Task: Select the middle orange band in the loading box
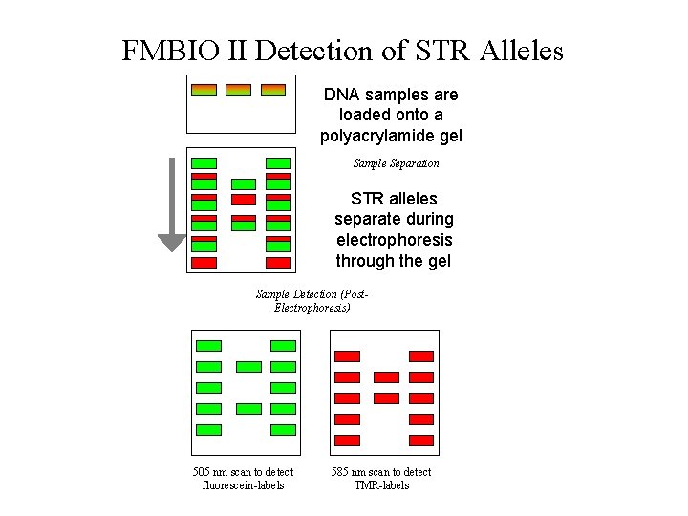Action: coord(238,90)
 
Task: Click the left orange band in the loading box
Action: coord(204,90)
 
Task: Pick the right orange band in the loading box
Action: coord(272,90)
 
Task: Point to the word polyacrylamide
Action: coord(391,136)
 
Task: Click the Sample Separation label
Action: coord(396,163)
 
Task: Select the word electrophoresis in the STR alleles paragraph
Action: coord(394,240)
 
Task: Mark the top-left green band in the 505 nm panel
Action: coord(208,346)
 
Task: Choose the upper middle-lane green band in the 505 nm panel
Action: coord(248,367)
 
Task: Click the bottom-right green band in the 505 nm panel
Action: coord(284,430)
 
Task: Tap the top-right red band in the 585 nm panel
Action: coord(421,356)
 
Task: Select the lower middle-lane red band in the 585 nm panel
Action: coord(386,398)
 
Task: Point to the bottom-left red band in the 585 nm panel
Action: coord(348,441)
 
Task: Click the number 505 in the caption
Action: coord(202,472)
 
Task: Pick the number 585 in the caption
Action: coord(340,472)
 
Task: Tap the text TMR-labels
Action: coord(381,485)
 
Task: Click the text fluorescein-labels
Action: coord(243,485)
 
